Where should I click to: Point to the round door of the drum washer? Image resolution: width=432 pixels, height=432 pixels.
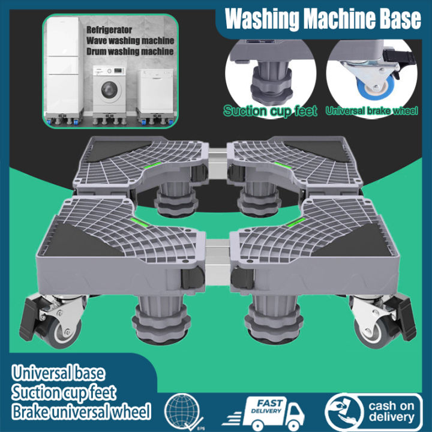[x=109, y=91]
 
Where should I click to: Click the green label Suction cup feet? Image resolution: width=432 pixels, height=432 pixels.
[x=270, y=111]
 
